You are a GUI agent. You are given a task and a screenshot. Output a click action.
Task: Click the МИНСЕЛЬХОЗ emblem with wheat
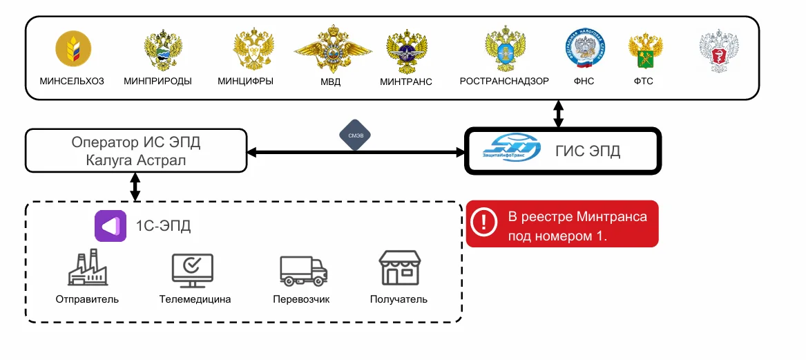(x=73, y=48)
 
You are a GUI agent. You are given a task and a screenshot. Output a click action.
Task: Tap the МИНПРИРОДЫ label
(x=157, y=81)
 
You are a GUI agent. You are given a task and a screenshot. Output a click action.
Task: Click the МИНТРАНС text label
(x=406, y=82)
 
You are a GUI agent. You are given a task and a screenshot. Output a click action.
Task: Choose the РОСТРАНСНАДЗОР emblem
(x=504, y=50)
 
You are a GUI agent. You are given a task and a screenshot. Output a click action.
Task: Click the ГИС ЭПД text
(x=588, y=151)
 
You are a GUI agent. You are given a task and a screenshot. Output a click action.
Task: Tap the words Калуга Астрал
(x=135, y=160)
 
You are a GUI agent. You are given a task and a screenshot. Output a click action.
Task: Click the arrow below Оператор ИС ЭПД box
(x=135, y=187)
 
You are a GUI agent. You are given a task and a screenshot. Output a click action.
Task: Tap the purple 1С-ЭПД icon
(x=111, y=225)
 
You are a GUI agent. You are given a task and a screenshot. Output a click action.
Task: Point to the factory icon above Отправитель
(x=88, y=269)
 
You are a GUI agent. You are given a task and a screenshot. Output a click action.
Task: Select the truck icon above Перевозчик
(x=303, y=269)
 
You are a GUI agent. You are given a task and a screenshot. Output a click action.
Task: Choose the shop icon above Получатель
(x=399, y=268)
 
